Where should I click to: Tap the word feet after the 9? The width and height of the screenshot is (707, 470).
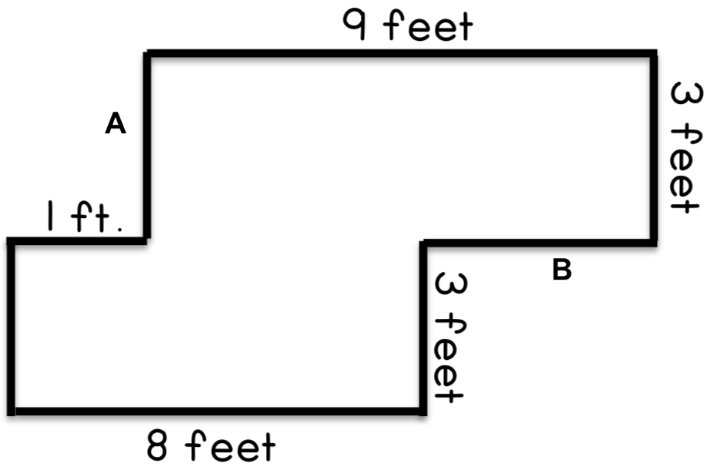428,25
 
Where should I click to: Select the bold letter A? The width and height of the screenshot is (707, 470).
116,123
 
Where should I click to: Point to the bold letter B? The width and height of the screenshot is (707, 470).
562,270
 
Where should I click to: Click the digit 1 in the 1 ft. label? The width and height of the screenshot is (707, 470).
50,216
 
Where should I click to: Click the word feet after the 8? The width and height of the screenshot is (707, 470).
230,445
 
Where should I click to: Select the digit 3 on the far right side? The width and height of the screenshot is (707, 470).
686,95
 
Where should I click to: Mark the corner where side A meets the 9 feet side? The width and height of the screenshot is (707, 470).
147,54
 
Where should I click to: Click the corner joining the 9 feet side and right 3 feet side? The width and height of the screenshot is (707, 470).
653,54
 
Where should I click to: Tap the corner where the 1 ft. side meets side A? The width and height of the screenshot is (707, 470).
147,241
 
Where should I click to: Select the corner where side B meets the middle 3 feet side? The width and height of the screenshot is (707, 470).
423,243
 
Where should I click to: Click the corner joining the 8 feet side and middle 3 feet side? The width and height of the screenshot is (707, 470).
423,411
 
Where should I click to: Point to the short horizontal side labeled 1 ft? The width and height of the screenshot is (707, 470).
76,241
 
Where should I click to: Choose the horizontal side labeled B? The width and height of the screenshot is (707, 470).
538,243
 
